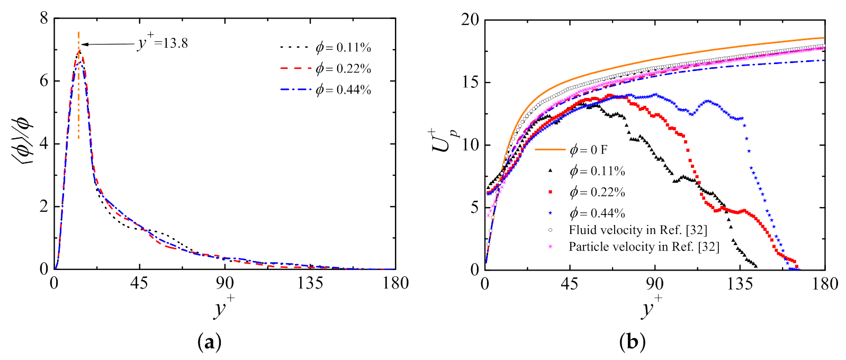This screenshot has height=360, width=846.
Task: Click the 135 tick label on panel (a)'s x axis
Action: coord(310,283)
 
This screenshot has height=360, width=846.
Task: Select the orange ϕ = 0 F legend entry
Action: coord(588,150)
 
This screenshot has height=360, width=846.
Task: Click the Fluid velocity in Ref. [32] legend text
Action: coord(637,230)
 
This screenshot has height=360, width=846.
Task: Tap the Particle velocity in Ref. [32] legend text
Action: coord(643,247)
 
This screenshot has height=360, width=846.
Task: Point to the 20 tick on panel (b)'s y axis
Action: coord(470,20)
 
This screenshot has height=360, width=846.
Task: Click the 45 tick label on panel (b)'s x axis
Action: coord(570,284)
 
